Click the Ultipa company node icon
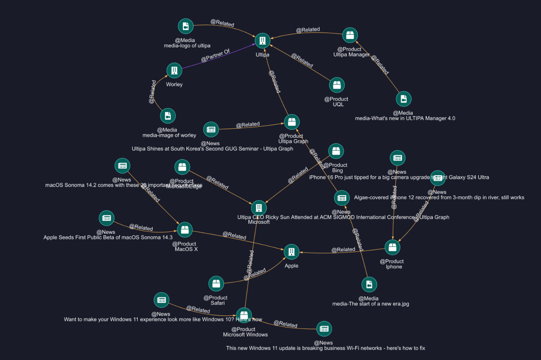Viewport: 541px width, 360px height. pos(262,41)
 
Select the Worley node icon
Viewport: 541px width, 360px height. pos(174,71)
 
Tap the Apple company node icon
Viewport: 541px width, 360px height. pos(292,252)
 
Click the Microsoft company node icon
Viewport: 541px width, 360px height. pos(258,208)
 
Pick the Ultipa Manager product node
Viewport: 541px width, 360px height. pos(350,35)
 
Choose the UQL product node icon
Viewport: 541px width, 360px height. pos(337,85)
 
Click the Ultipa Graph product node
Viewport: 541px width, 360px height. pos(292,122)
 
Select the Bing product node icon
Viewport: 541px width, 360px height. pos(336,151)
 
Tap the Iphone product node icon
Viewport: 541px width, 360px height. pos(393,247)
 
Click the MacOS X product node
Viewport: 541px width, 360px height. pos(185,230)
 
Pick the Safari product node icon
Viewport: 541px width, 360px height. pos(216,284)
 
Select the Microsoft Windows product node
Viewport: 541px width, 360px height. pos(244,315)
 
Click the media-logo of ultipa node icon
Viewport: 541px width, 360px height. pos(186,26)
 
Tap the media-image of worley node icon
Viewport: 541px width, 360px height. pos(168,116)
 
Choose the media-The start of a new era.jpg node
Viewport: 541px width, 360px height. pos(369,284)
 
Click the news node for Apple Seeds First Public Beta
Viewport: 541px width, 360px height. pos(106,218)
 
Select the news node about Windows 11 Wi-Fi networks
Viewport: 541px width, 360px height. pos(324,329)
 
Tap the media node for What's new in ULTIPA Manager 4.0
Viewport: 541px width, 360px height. pos(404,99)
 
